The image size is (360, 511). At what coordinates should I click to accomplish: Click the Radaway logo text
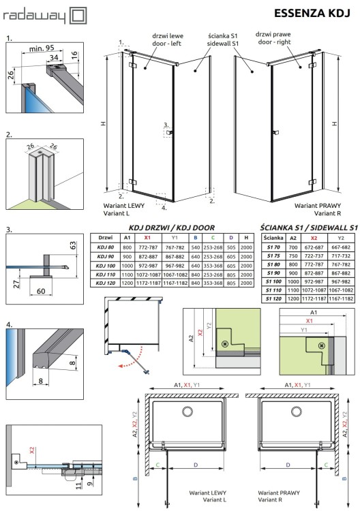pos(33,13)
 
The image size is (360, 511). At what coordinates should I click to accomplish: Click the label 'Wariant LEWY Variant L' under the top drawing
pos(122,208)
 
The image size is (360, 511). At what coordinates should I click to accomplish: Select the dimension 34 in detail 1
pos(52,59)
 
